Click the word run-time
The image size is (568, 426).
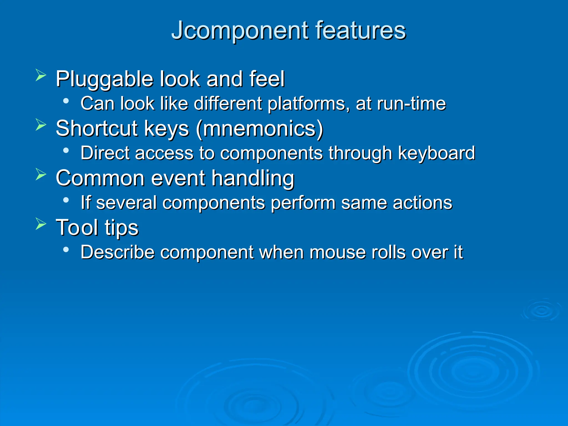(411, 103)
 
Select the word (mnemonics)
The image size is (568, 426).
(260, 129)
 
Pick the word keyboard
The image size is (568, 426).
(437, 153)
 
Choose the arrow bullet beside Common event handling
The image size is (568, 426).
(41, 174)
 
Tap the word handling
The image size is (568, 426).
(253, 178)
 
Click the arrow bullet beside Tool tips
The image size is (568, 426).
(41, 224)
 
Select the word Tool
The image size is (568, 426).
(77, 227)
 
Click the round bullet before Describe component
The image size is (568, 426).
(66, 250)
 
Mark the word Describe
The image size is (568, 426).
(117, 252)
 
